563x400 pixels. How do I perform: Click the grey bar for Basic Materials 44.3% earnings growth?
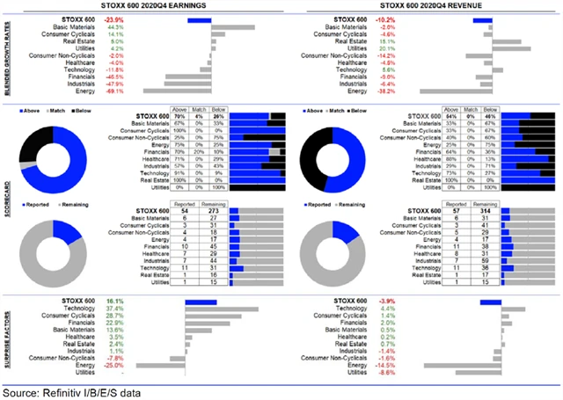point(234,26)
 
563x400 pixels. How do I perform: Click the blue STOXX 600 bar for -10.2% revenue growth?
point(493,18)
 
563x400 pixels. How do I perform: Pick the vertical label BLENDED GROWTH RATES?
point(8,55)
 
